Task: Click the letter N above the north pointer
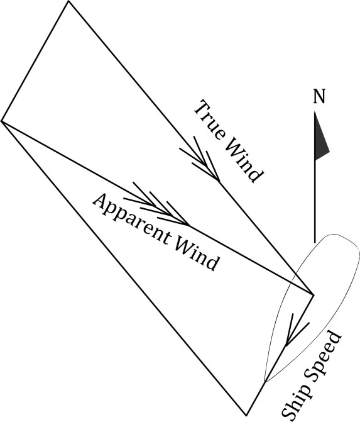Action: tap(319, 96)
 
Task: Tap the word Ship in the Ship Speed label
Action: tap(298, 402)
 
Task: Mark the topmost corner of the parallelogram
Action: tap(69, 1)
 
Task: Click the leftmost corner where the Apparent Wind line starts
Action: tap(1, 121)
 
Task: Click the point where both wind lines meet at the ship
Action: tap(314, 295)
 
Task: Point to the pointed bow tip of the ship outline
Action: tap(265, 381)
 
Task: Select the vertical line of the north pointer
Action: tap(315, 177)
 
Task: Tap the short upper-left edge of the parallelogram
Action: tap(35, 61)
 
